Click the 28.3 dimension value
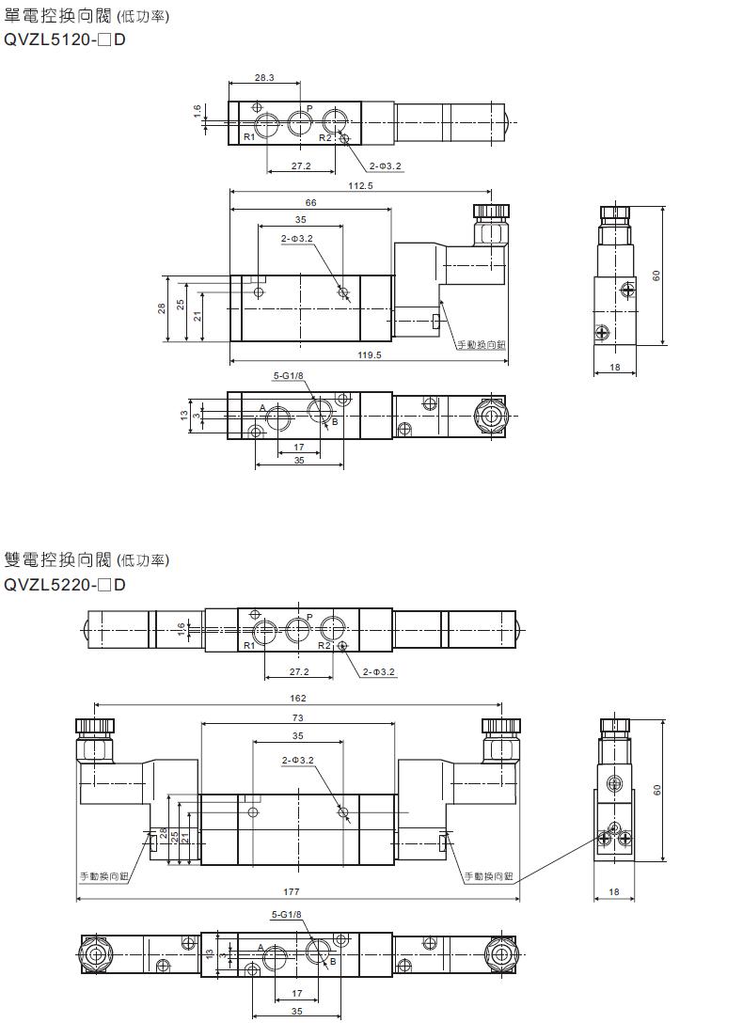click(x=264, y=78)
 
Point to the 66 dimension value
click(x=310, y=203)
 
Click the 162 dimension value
click(x=297, y=698)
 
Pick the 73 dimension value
click(x=297, y=717)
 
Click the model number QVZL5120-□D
click(x=65, y=39)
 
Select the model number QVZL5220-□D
click(x=65, y=584)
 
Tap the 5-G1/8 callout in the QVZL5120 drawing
click(x=289, y=376)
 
